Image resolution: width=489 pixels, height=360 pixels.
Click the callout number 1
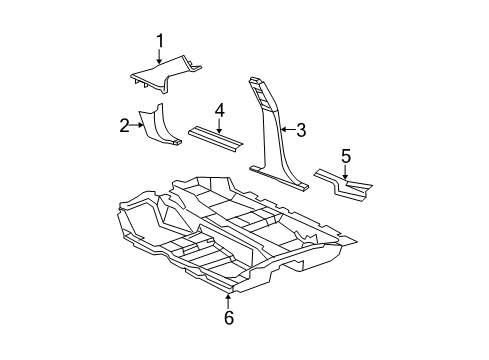[159, 41]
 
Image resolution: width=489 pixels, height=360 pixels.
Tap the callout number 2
[125, 125]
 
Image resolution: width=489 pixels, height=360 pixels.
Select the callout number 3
[299, 127]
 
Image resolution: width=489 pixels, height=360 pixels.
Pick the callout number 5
[346, 155]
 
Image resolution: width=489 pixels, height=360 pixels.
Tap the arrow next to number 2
[141, 125]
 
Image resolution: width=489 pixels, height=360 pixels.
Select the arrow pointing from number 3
[285, 127]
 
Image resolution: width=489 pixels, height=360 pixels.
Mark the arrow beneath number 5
[346, 172]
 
